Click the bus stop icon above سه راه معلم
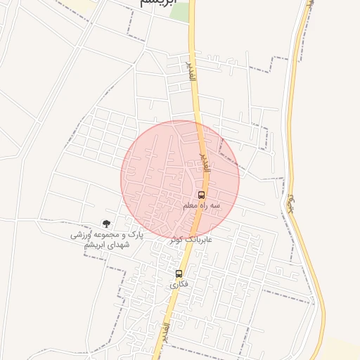[x=202, y=195]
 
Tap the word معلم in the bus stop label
[x=190, y=205]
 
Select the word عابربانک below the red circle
[x=200, y=239]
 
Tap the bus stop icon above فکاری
[x=179, y=274]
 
